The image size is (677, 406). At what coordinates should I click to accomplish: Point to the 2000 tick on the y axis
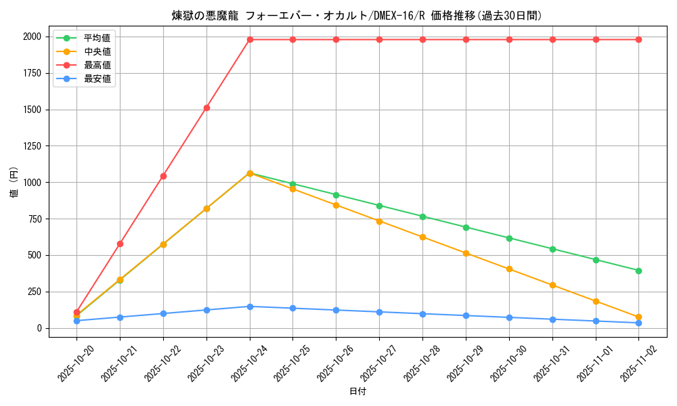tap(31, 37)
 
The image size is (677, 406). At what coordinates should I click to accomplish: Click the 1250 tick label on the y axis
tap(31, 146)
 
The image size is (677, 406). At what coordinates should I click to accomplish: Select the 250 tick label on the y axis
tap(34, 292)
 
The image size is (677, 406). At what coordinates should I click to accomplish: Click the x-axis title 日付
tap(357, 392)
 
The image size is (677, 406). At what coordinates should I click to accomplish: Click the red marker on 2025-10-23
tap(206, 108)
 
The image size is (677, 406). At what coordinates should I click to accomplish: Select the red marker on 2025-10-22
tap(163, 176)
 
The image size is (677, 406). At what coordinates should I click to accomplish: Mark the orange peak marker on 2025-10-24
tap(250, 173)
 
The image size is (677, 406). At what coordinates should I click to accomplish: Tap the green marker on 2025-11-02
tap(638, 271)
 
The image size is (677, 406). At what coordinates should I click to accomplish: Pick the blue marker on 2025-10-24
tap(250, 307)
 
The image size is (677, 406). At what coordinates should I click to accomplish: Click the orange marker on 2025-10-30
tap(509, 269)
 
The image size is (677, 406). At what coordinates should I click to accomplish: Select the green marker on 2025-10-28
tap(422, 217)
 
